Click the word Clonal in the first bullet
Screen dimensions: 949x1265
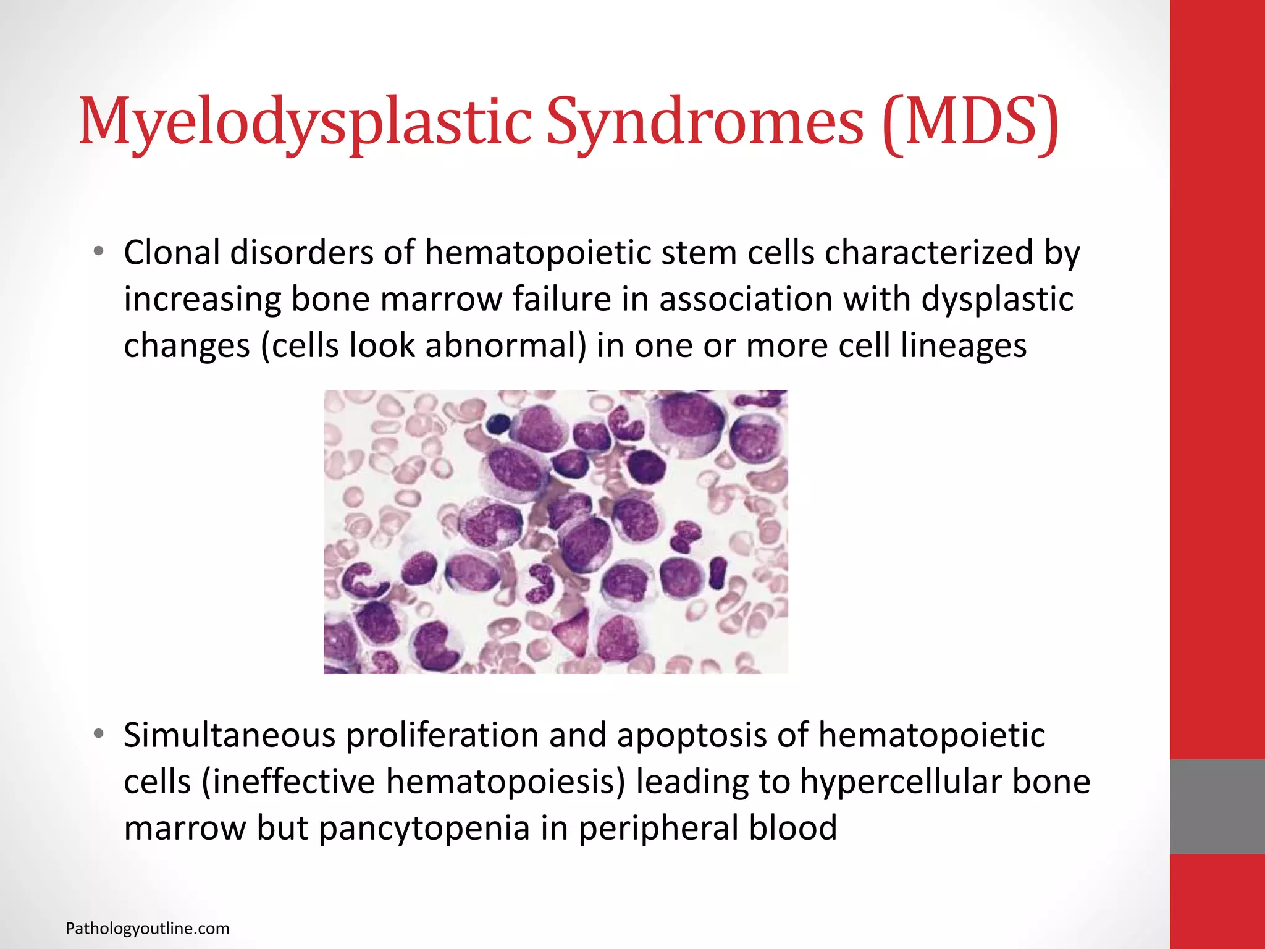(172, 253)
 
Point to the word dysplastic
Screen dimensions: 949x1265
(997, 299)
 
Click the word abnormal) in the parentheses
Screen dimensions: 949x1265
(506, 345)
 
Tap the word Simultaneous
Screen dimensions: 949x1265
(229, 735)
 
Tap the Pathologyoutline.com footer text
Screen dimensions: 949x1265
(147, 929)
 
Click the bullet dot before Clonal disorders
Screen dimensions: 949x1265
(98, 252)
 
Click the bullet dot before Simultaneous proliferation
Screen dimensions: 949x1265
(98, 735)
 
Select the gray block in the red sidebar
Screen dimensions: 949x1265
(1217, 806)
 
